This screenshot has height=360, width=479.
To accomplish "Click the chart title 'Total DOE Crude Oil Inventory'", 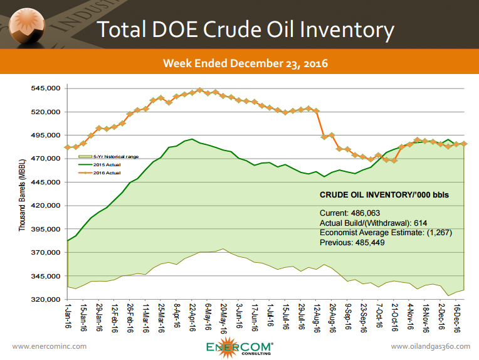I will pyautogui.click(x=245, y=29).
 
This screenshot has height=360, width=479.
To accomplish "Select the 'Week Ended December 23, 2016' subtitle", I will pyautogui.click(x=245, y=63).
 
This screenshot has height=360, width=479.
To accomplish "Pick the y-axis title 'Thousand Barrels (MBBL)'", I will pyautogui.click(x=22, y=195).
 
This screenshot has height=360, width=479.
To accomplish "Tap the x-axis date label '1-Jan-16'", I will pyautogui.click(x=68, y=317).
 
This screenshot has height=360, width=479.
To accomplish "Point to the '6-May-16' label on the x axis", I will pyautogui.click(x=208, y=317).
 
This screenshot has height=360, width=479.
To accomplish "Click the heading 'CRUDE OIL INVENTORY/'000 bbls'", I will pyautogui.click(x=384, y=195).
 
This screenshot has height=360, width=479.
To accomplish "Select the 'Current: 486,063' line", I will pyautogui.click(x=350, y=213).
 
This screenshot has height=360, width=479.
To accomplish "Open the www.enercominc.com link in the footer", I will pyautogui.click(x=50, y=346).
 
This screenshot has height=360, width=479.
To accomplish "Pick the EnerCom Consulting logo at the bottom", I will pyautogui.click(x=240, y=347).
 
